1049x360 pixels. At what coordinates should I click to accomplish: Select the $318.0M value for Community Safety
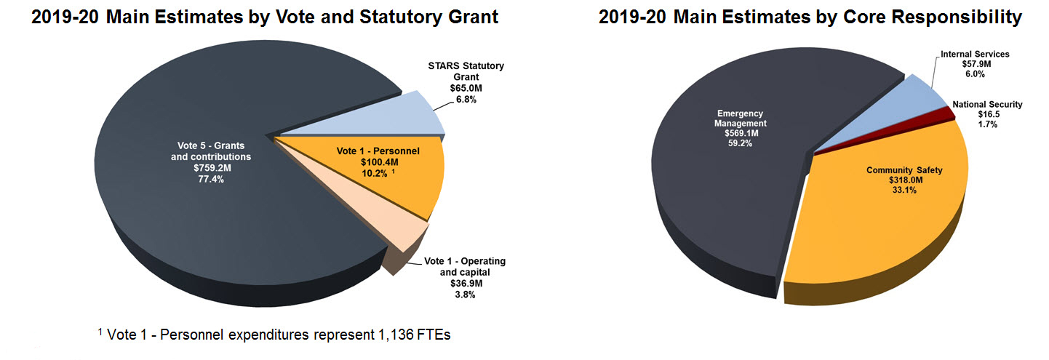[x=904, y=180]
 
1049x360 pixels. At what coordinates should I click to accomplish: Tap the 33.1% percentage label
[x=904, y=191]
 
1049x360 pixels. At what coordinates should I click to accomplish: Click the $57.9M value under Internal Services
[x=975, y=64]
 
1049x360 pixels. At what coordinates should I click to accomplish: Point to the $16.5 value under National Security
[x=987, y=114]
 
